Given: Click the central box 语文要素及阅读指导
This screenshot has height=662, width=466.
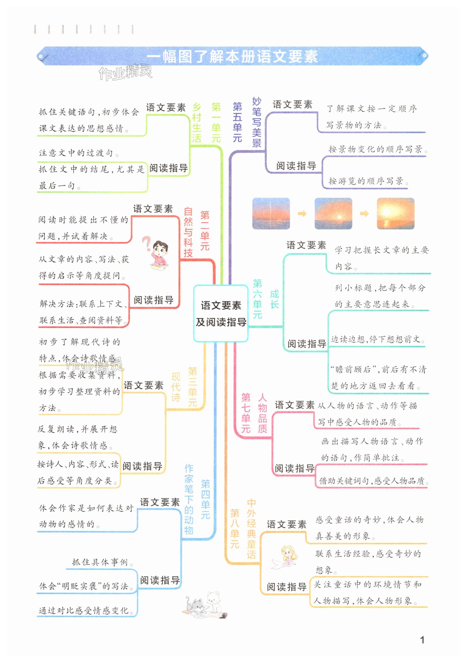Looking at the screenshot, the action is coord(221,313).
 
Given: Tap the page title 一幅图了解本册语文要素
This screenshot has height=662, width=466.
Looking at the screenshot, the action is coord(233,56).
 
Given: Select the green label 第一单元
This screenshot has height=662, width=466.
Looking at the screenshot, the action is coord(216,122).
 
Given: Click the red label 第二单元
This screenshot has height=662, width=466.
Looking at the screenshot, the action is coord(205,231).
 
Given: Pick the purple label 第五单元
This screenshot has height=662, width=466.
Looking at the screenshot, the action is coord(237,122).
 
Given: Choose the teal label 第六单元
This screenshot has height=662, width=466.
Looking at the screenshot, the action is coord(257,299).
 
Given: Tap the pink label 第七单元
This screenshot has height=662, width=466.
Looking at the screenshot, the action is coord(246,413).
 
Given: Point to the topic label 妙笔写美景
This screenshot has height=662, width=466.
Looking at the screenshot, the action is coord(256,122).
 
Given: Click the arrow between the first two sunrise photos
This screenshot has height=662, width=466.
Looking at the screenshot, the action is coord(302,214).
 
